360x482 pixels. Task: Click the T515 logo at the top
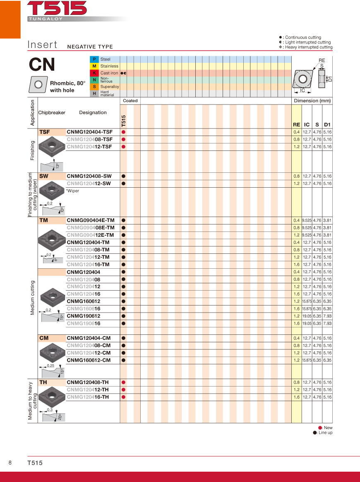pos(57,8)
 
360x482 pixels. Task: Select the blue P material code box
pos(94,60)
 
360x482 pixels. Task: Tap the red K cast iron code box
pos(94,73)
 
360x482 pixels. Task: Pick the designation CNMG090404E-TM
pos(91,220)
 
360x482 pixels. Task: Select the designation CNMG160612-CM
pos(89,360)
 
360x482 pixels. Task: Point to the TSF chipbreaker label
pos(45,132)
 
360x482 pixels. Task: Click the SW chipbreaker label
pos(44,176)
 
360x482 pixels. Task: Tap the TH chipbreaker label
pos(43,382)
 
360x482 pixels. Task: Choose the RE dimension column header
pos(296,124)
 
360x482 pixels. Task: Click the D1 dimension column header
pos(327,124)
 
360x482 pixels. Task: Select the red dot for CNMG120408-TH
pos(123,382)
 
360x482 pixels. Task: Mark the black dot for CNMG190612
pos(123,316)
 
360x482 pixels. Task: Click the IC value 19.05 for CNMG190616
pos(307,324)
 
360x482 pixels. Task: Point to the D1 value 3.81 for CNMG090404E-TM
pos(327,220)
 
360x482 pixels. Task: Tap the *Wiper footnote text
pos(72,191)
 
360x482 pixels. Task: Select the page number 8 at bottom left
pos(10,463)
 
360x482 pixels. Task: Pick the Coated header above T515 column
pos(130,101)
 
